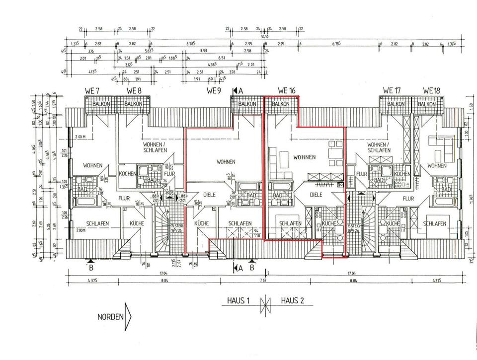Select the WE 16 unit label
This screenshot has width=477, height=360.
click(287, 91)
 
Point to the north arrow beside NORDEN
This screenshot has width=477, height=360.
click(128, 316)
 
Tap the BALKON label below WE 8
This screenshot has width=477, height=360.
click(133, 104)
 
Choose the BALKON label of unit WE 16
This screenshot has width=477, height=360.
click(280, 104)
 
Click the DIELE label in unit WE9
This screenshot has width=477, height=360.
click(209, 195)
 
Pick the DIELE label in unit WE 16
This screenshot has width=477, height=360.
click(316, 195)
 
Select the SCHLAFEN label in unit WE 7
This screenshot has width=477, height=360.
click(97, 224)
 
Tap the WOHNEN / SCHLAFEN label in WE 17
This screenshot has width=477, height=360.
click(378, 147)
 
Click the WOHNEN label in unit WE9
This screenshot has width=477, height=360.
click(226, 162)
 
